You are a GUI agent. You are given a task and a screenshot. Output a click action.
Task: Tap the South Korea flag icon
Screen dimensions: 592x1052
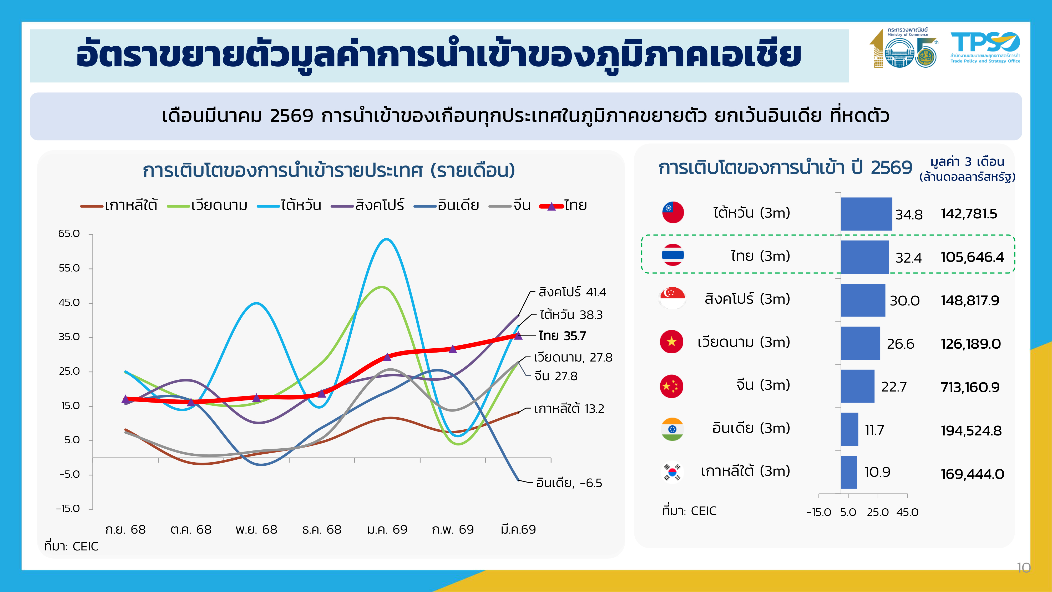[x=672, y=471]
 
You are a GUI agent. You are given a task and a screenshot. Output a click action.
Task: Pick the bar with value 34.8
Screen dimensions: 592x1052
[x=866, y=214]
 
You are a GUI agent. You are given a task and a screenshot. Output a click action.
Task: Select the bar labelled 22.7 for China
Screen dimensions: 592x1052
[x=857, y=386]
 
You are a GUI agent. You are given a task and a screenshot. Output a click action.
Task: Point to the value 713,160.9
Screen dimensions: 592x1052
[x=970, y=387]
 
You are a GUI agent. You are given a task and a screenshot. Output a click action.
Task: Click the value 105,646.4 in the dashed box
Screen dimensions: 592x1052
[x=972, y=257]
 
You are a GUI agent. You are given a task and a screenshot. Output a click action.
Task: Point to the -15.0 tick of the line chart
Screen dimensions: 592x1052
[x=68, y=509]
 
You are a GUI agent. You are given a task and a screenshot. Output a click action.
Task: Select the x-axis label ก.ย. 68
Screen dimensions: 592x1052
[x=125, y=529]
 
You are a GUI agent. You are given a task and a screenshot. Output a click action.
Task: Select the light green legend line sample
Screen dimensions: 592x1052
[x=179, y=206]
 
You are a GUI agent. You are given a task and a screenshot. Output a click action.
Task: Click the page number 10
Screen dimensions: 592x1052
[x=1023, y=568]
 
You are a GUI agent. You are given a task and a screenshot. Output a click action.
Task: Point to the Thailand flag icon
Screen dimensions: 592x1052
[x=672, y=255]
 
